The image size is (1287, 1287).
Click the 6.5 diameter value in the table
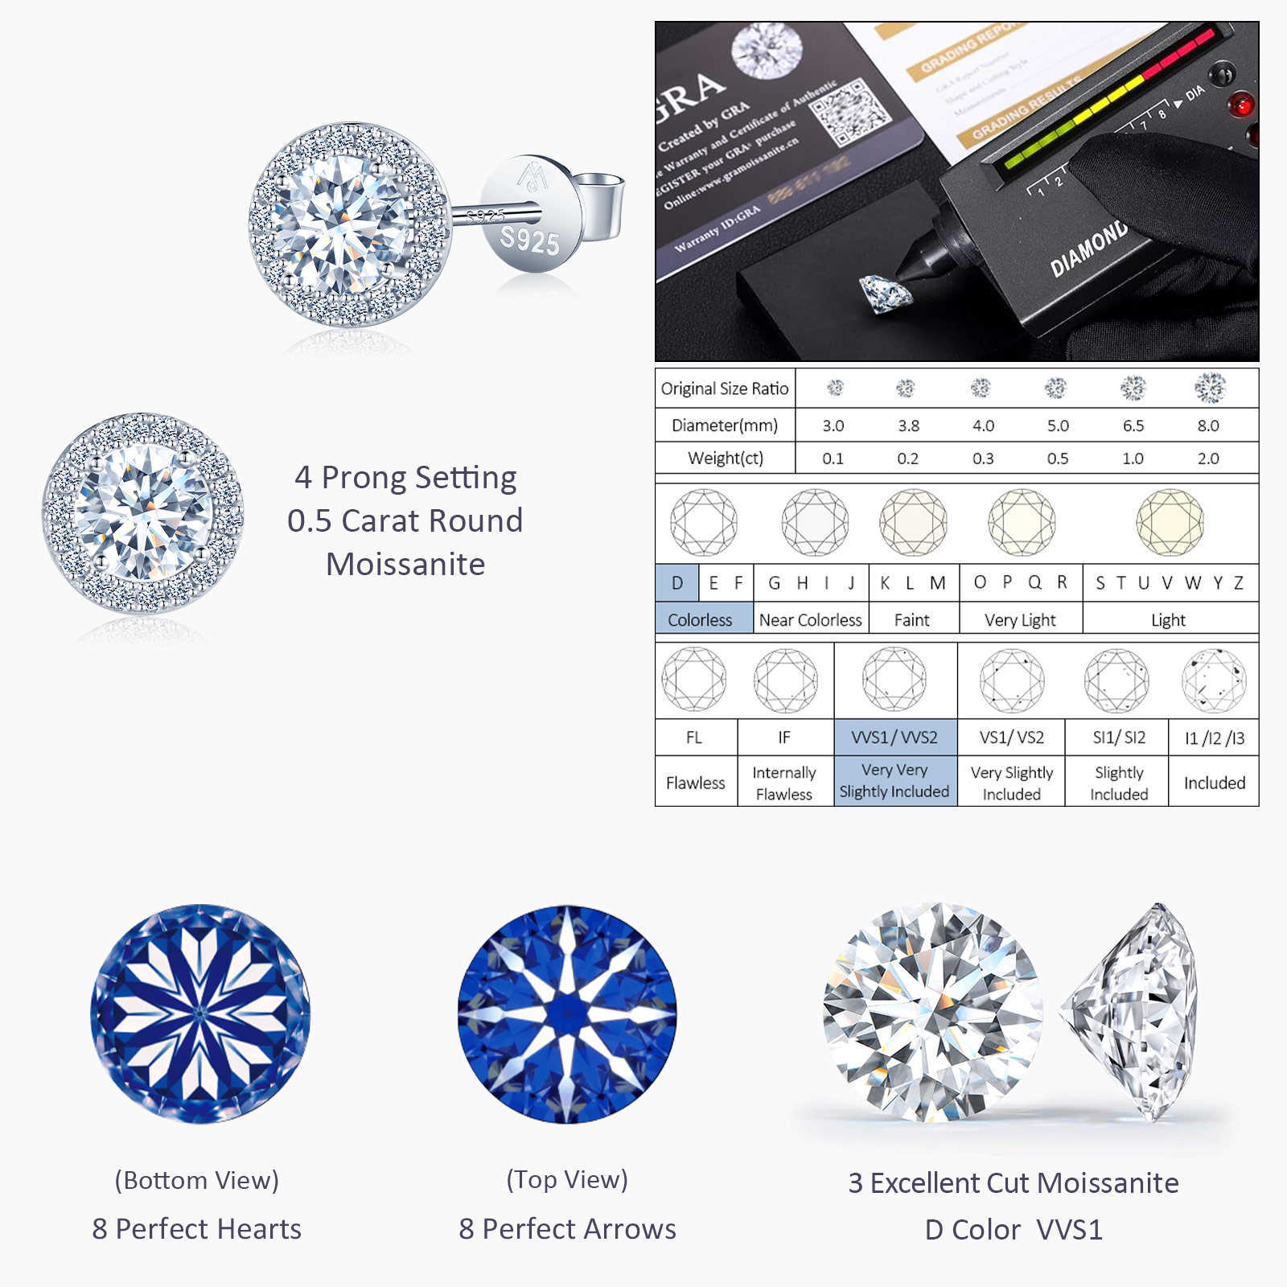pyautogui.click(x=1133, y=426)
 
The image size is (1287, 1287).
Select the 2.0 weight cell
pyautogui.click(x=1207, y=458)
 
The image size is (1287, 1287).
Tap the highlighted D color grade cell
pyautogui.click(x=677, y=583)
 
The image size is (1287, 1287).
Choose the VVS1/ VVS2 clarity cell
pyautogui.click(x=894, y=738)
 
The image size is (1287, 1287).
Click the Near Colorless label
pyautogui.click(x=810, y=620)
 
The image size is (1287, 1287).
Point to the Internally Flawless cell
pyautogui.click(x=783, y=783)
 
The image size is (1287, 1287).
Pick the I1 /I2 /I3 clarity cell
pyautogui.click(x=1214, y=738)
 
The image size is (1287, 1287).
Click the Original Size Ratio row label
pyautogui.click(x=725, y=389)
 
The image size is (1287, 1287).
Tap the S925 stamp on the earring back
pyautogui.click(x=528, y=239)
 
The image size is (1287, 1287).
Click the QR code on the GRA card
pyautogui.click(x=851, y=113)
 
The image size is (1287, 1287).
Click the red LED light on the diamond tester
pyautogui.click(x=1240, y=105)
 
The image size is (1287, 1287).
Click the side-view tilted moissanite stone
pyautogui.click(x=1130, y=1011)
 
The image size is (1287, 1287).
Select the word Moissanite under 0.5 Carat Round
pyautogui.click(x=405, y=565)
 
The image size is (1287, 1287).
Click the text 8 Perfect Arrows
pyautogui.click(x=567, y=1229)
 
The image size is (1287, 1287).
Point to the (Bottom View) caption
pyautogui.click(x=197, y=1180)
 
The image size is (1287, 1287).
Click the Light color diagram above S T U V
pyautogui.click(x=1170, y=522)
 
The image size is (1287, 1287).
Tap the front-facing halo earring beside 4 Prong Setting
pyautogui.click(x=143, y=512)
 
